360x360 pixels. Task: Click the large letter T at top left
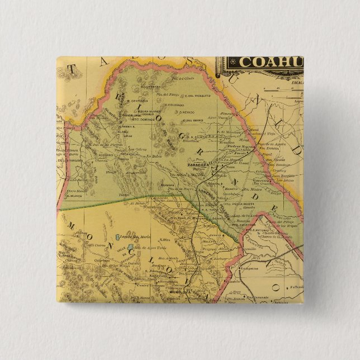tap(71, 69)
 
